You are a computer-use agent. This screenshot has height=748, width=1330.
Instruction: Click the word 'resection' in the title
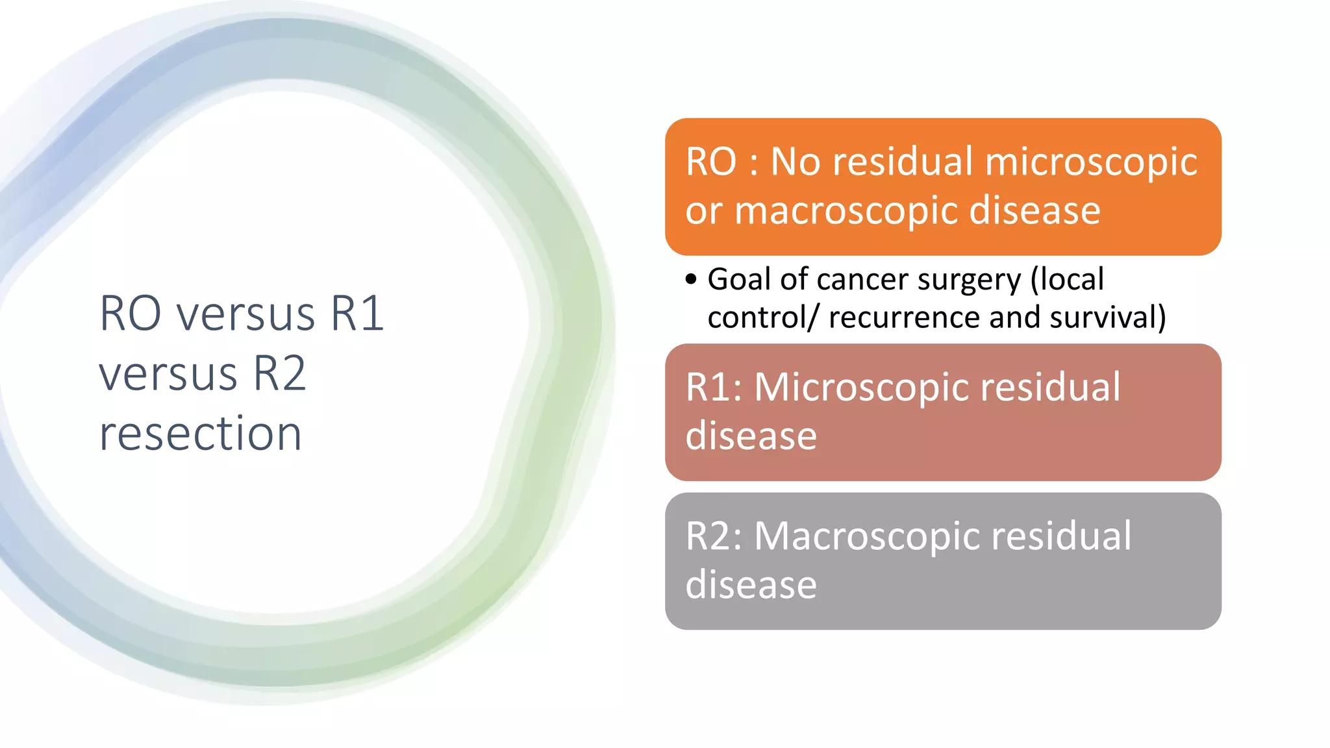click(x=200, y=434)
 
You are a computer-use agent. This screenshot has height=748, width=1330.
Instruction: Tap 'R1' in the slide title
click(x=357, y=314)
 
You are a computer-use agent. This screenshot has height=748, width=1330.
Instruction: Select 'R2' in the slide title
click(x=279, y=374)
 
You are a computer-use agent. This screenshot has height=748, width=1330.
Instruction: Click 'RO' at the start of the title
click(x=130, y=314)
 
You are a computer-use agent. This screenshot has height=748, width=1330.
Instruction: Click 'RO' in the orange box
click(x=711, y=162)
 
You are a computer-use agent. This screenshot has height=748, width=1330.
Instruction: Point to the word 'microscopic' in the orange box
click(x=1091, y=162)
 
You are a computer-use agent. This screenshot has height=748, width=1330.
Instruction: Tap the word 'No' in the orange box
click(x=796, y=162)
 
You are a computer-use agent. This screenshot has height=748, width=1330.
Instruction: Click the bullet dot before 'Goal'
click(x=691, y=280)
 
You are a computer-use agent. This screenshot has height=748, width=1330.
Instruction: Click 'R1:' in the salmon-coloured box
click(x=714, y=388)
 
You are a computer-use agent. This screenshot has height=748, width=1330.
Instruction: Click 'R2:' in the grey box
click(x=714, y=536)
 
